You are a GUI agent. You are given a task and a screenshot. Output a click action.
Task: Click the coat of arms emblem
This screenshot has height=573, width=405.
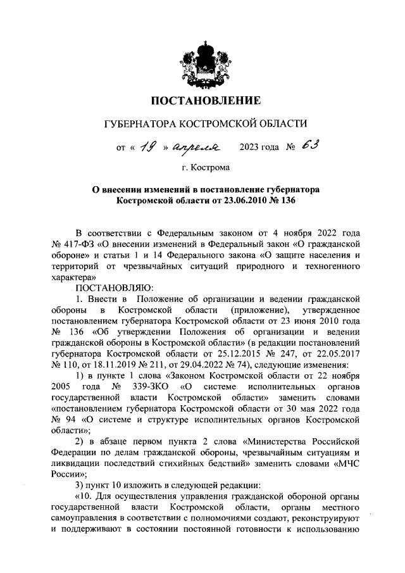[x=202, y=64]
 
